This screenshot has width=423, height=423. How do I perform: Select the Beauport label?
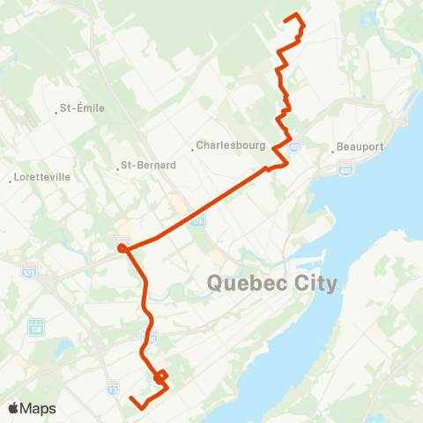[x=360, y=147]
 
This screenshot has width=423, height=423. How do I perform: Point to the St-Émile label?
[x=82, y=108]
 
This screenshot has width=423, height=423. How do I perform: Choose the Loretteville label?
[x=41, y=177]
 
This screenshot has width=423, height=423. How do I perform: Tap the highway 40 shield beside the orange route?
[x=294, y=141]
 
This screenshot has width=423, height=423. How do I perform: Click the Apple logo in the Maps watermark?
[x=14, y=408]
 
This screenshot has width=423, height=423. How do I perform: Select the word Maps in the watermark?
[x=38, y=408]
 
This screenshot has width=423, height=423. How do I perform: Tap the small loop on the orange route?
[x=160, y=378]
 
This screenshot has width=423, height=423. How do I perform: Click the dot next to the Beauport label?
[x=333, y=148]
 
